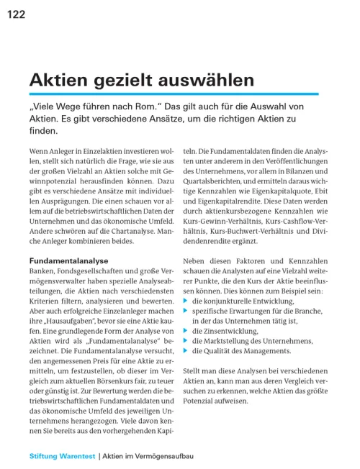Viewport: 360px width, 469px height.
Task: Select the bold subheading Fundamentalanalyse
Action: click(68, 260)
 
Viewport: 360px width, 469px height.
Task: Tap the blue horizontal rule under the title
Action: click(174, 94)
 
